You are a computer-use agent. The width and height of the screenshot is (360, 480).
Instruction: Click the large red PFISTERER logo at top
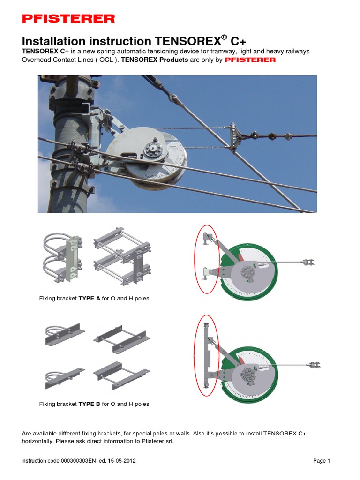(x=68, y=19)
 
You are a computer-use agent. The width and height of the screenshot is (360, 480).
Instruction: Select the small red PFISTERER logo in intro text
(x=250, y=60)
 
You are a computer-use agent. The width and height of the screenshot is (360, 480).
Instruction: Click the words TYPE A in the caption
(x=89, y=299)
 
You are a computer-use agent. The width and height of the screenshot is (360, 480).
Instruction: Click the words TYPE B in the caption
(x=89, y=404)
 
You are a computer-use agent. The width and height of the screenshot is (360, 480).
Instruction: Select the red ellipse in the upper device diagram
(x=207, y=260)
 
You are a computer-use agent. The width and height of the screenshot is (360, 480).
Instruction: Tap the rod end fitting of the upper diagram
(x=308, y=262)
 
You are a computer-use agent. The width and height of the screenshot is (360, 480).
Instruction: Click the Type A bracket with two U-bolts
(x=64, y=258)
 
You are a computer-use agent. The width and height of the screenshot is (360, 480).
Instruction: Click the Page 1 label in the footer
(x=322, y=461)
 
